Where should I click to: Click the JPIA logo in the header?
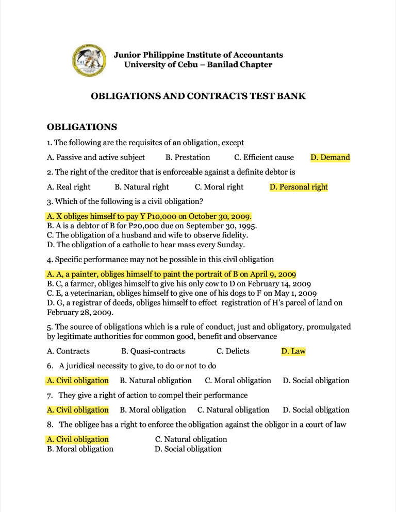(x=90, y=60)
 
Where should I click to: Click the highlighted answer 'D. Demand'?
(x=330, y=158)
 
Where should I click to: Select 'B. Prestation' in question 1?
(x=188, y=158)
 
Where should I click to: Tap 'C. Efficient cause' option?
(x=263, y=158)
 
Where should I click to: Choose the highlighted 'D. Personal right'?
(x=299, y=187)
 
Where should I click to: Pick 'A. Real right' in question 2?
(x=68, y=187)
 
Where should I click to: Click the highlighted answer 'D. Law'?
(x=293, y=351)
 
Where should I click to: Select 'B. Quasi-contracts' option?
(x=153, y=351)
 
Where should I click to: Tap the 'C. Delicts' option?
(x=233, y=351)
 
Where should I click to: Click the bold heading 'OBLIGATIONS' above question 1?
(x=82, y=127)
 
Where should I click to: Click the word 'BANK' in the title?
(x=292, y=96)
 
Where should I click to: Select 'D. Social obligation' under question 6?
(x=316, y=381)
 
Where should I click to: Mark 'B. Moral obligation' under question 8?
(x=80, y=449)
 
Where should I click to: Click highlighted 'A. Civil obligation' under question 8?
(x=77, y=439)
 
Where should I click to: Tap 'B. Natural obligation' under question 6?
(x=155, y=381)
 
